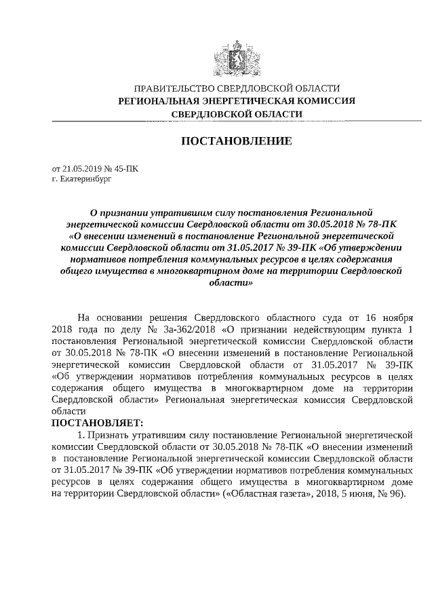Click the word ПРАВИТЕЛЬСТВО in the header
(x=172, y=89)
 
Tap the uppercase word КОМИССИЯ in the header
(x=324, y=101)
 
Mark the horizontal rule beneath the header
(x=235, y=121)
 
